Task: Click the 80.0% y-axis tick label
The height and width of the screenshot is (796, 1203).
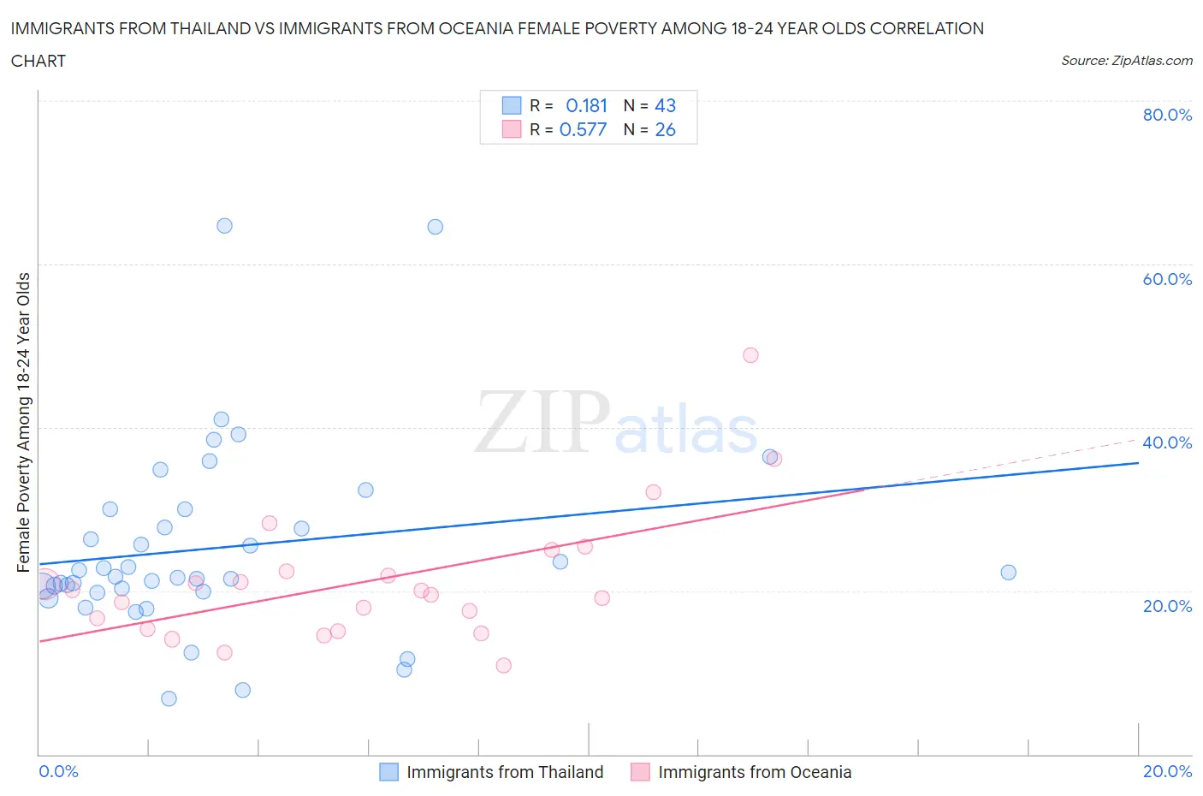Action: (x=1166, y=116)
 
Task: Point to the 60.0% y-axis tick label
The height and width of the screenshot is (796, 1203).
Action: (x=1166, y=279)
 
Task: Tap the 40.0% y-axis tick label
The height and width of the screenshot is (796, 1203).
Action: (x=1166, y=443)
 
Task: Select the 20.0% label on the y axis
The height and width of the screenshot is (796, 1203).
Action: (x=1166, y=606)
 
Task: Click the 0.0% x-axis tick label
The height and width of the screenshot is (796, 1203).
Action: (x=58, y=771)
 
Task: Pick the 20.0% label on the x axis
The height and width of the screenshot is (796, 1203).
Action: (x=1167, y=771)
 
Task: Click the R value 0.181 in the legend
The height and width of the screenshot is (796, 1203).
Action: (x=586, y=105)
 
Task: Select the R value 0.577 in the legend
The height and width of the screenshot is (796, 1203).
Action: (x=583, y=129)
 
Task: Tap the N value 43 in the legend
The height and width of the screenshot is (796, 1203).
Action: (x=665, y=105)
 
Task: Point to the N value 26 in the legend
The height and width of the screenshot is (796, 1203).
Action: (x=665, y=129)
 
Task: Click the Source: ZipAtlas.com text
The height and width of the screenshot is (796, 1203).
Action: (x=1126, y=61)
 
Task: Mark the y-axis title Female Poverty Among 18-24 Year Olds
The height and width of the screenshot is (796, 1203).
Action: (x=24, y=422)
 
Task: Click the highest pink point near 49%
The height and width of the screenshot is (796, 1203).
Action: (x=750, y=355)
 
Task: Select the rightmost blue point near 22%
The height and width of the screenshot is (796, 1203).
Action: (x=1008, y=573)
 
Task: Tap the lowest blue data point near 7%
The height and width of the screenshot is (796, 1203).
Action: (x=169, y=698)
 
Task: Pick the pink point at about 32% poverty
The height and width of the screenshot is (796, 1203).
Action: (x=653, y=492)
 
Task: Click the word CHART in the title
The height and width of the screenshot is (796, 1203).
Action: (x=39, y=61)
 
